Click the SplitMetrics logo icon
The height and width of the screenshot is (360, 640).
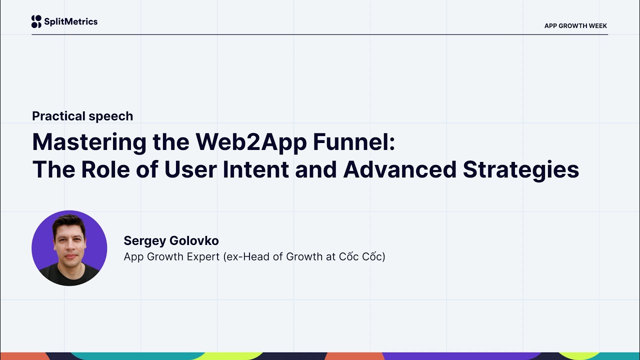tap(36, 21)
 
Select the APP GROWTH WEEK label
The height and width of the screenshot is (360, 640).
tap(575, 26)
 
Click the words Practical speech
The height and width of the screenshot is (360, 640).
tap(82, 116)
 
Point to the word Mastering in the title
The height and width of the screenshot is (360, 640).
tap(89, 142)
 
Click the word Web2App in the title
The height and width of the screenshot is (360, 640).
tap(250, 142)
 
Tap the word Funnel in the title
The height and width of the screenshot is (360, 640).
tap(353, 142)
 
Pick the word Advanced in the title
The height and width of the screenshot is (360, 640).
tap(399, 169)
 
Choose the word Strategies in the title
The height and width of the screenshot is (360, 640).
tap(520, 169)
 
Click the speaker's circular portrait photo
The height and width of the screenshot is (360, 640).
tap(69, 248)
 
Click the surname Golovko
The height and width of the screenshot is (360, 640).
tap(194, 241)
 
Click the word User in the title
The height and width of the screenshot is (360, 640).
tap(190, 169)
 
